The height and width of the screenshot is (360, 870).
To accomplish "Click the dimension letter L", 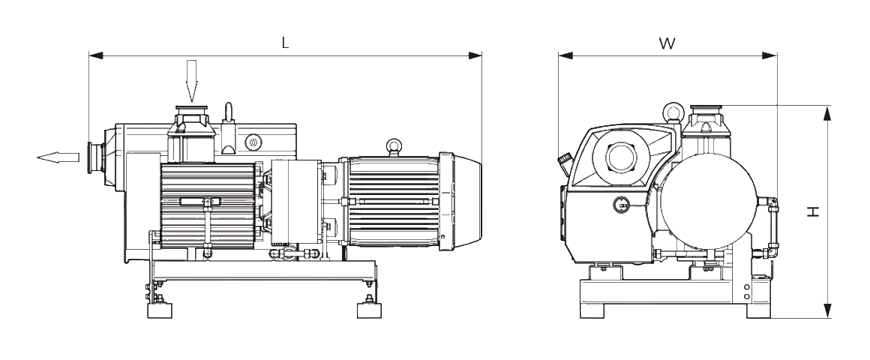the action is [x=285, y=43].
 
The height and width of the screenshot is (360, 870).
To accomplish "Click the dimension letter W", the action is [x=667, y=43].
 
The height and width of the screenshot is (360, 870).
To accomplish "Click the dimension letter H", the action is [x=813, y=211].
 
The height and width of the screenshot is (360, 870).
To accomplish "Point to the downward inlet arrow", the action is [x=192, y=81].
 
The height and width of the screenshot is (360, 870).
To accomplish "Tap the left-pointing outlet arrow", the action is [x=58, y=157].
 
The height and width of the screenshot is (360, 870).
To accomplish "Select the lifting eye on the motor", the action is [x=394, y=148].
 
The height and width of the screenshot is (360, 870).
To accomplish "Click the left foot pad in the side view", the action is [x=160, y=310].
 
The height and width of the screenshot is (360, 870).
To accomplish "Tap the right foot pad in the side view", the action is [x=370, y=310].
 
